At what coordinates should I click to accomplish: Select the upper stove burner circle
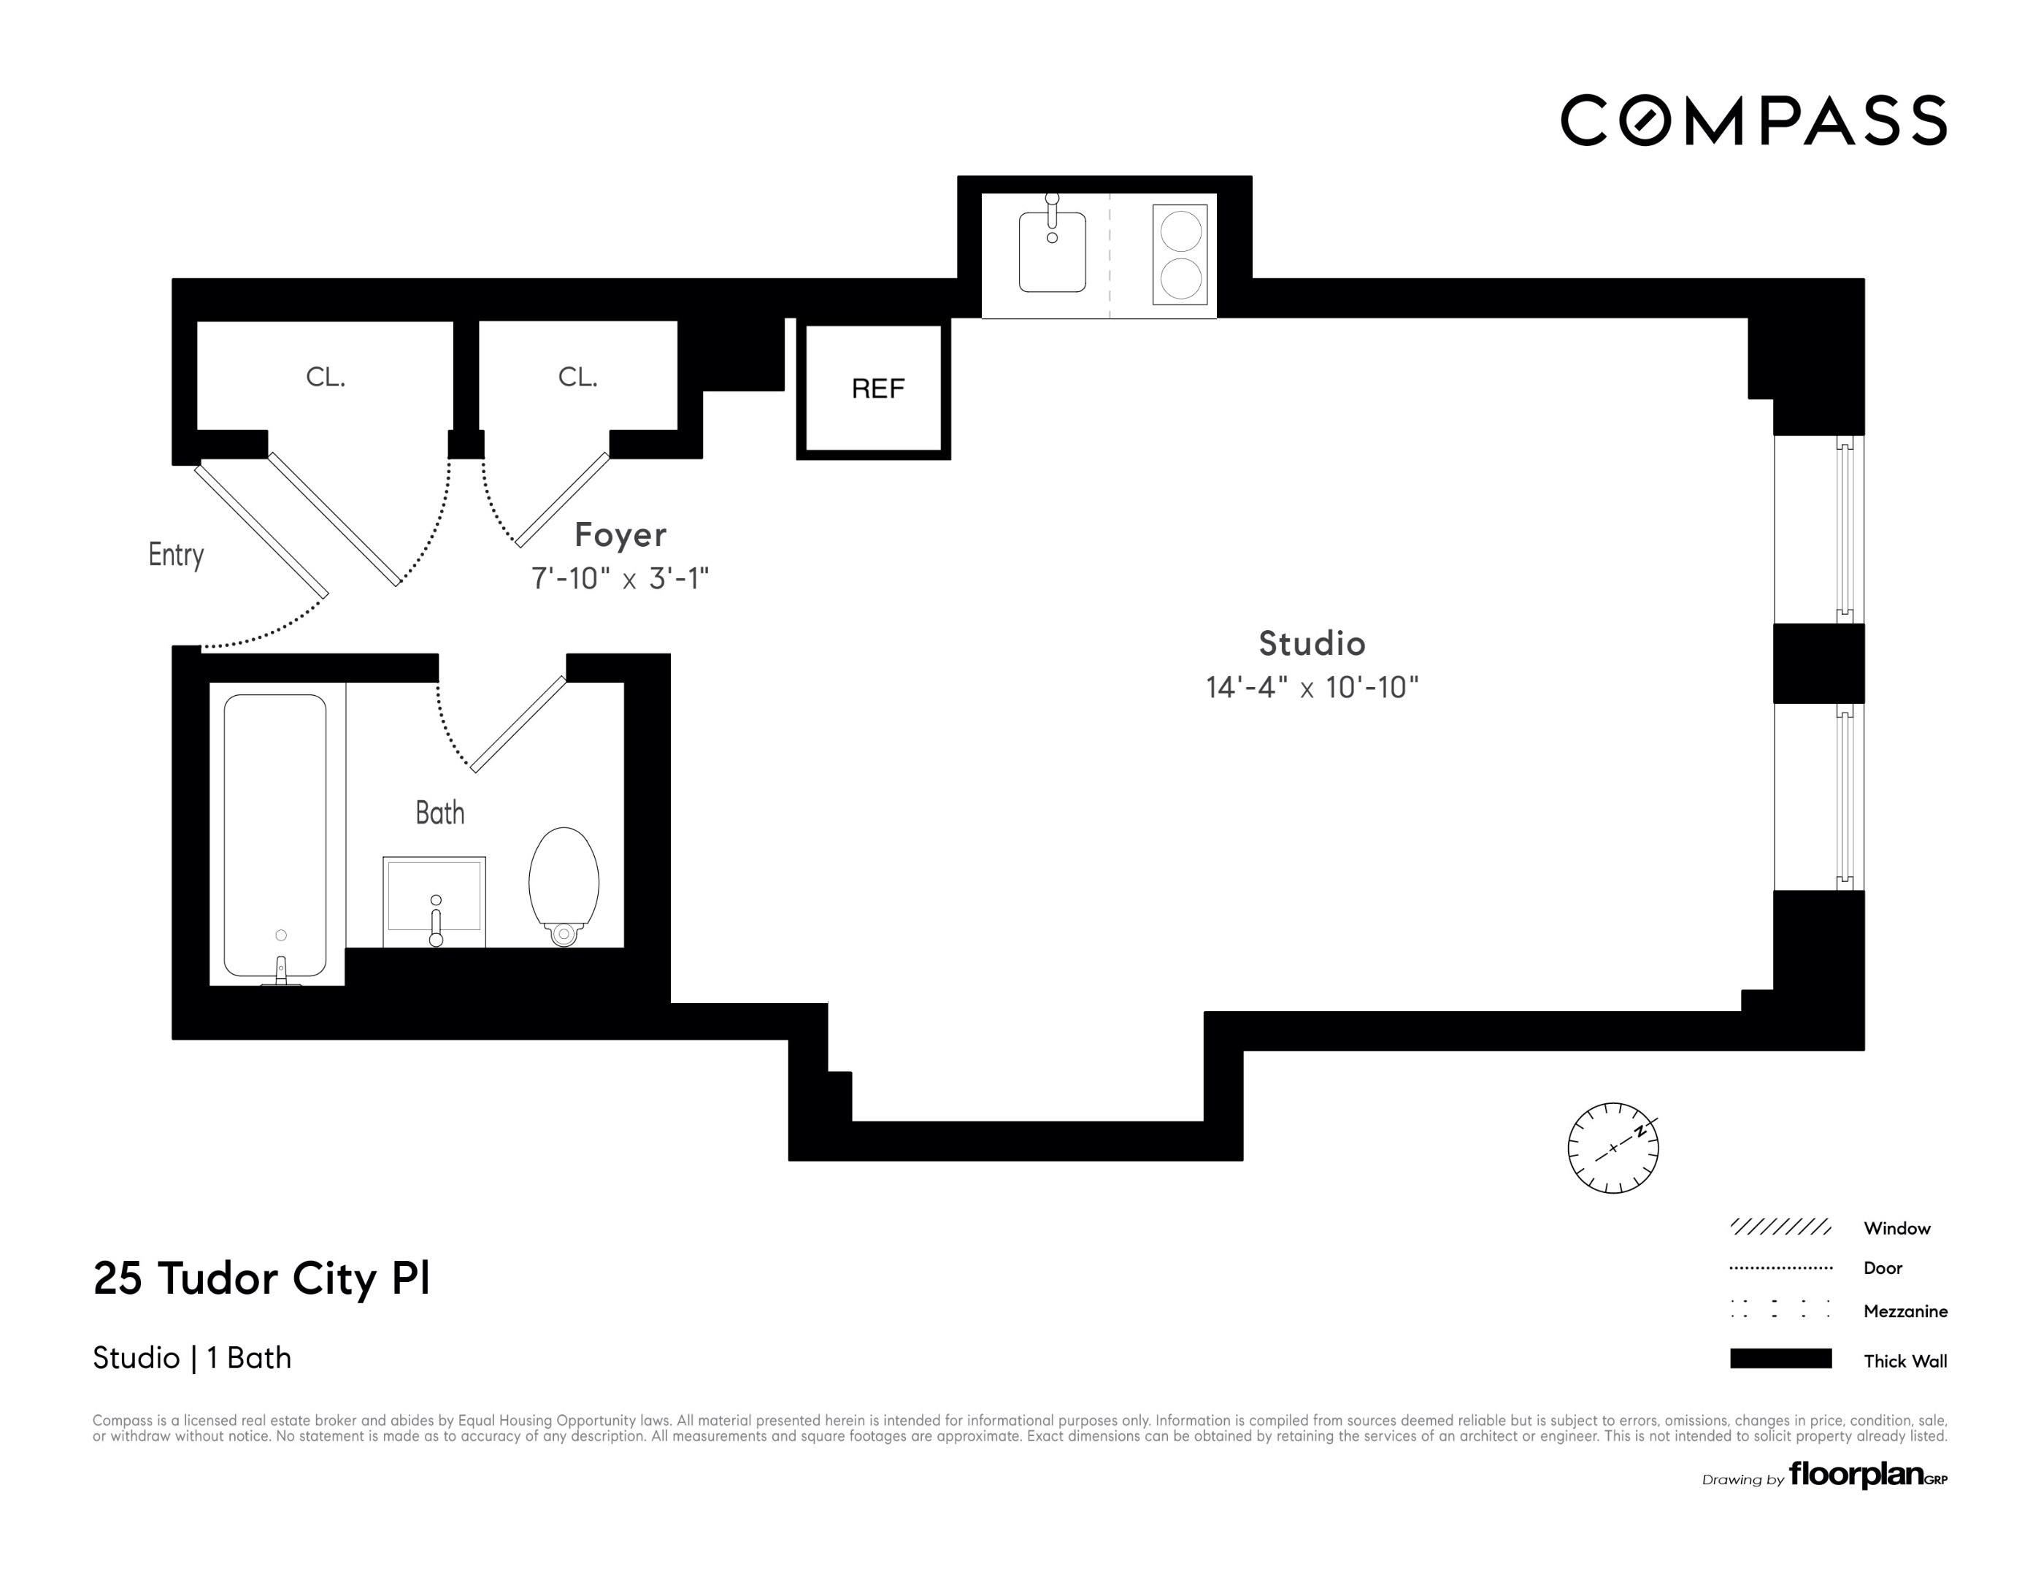(x=1181, y=232)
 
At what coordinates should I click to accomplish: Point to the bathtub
(x=274, y=834)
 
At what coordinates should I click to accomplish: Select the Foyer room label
(x=620, y=534)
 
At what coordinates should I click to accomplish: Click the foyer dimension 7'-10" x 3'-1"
(x=620, y=579)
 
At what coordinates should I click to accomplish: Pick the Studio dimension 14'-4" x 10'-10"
(x=1311, y=687)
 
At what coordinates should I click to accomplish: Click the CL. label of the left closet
(x=326, y=377)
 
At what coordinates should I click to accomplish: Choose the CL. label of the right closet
(x=577, y=377)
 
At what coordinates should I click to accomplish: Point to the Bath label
(x=439, y=813)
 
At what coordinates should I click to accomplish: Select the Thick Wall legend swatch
(x=1780, y=1358)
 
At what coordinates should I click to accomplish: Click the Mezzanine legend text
(x=1904, y=1311)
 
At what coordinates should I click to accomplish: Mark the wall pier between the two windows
(x=1818, y=663)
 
